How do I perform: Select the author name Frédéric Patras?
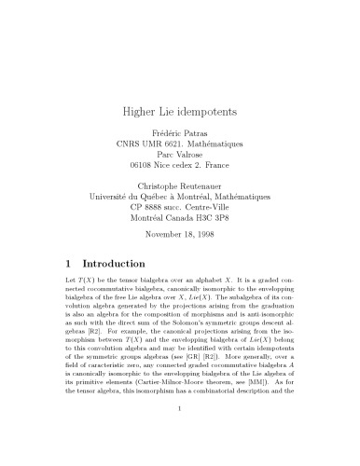(180, 136)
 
